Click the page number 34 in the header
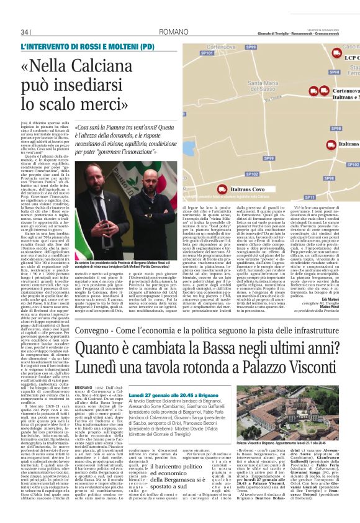(25, 32)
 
